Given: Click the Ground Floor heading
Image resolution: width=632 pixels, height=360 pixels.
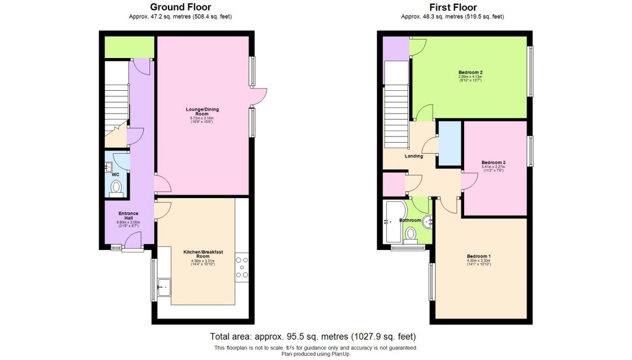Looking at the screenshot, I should [x=178, y=7].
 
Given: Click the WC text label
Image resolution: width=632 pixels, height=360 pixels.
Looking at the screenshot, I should [x=115, y=175].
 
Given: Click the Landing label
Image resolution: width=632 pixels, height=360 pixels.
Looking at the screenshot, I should [x=414, y=156].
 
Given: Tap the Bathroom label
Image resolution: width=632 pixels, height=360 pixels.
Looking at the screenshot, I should [x=410, y=220].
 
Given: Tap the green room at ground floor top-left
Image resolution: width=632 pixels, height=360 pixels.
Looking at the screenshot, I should [x=129, y=46].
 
